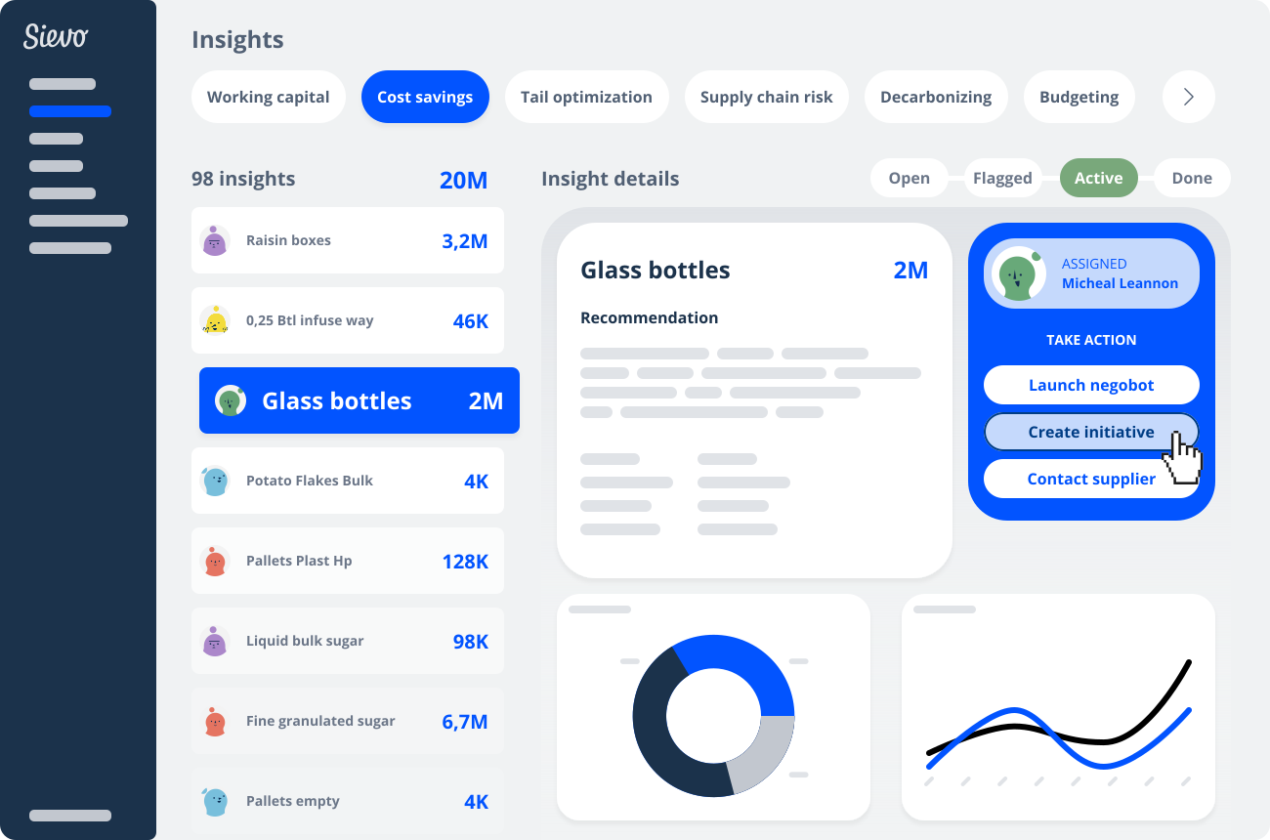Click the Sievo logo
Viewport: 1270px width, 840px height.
coord(56,37)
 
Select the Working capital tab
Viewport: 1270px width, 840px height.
coord(268,97)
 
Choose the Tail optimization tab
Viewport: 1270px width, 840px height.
coord(586,97)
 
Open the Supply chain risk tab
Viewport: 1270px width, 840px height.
coord(766,97)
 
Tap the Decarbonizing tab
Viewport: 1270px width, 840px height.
coord(935,97)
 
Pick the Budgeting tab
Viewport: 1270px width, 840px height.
coord(1079,97)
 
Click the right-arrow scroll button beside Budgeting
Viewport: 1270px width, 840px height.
coord(1188,97)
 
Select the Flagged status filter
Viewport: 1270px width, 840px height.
coord(1002,178)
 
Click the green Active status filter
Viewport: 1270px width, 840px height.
coord(1098,178)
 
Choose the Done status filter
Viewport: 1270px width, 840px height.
coord(1191,178)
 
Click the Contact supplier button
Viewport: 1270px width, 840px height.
coord(1090,479)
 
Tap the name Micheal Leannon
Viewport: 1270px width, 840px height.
coord(1120,283)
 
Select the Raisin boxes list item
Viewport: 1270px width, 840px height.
coord(347,240)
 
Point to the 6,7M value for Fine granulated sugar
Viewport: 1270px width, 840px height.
coord(464,722)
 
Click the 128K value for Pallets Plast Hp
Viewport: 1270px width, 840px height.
coord(464,562)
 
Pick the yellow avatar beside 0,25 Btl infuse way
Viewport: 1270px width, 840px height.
coord(215,320)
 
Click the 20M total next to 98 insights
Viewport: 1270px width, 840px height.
coord(463,180)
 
